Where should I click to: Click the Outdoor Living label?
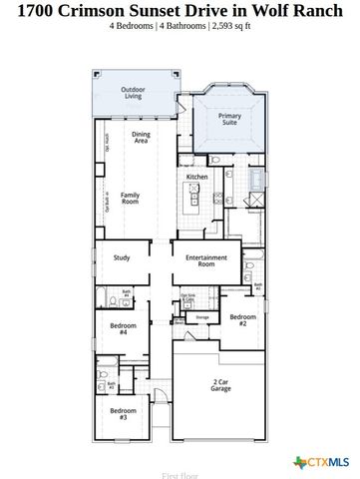point(133,93)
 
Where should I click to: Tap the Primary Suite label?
point(230,120)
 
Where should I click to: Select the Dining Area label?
point(142,139)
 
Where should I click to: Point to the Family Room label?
point(130,198)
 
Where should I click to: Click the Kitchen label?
point(196,177)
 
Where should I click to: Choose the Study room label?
point(122,257)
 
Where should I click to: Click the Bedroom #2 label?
point(239,321)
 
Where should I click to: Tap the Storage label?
point(202,316)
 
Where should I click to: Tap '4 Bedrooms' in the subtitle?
point(134,26)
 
